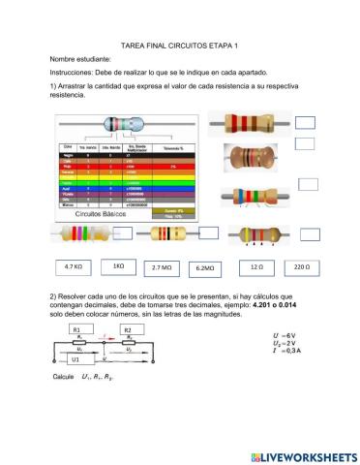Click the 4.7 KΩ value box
73,265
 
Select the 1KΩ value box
118,265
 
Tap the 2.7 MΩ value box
163,266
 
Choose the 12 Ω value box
255,265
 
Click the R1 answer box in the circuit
76,329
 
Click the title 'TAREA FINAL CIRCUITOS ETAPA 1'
179,46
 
